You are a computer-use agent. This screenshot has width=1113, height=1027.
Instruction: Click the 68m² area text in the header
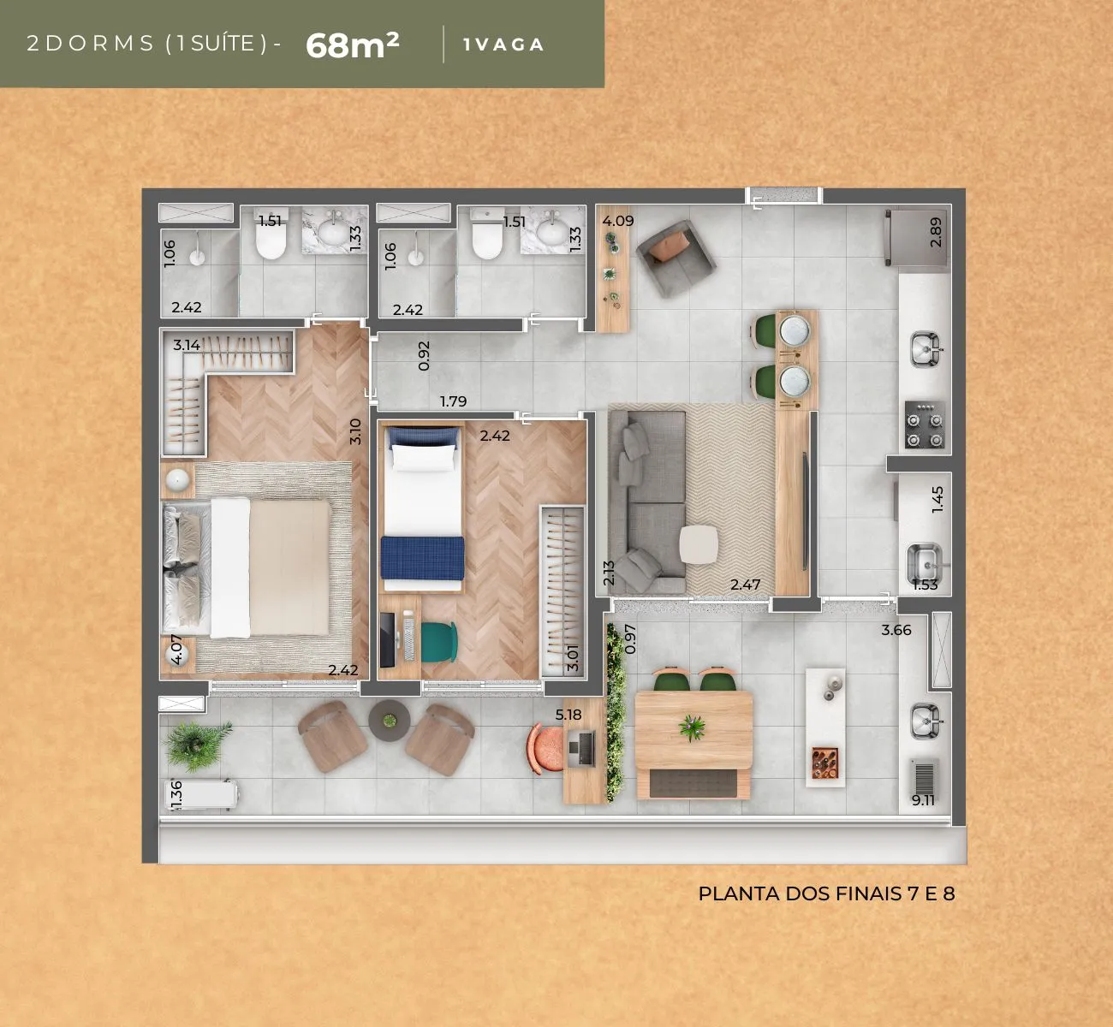pos(352,45)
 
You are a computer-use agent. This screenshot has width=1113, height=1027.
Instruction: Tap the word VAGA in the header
pos(509,45)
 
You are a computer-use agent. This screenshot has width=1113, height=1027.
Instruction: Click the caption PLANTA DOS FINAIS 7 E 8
pos(826,893)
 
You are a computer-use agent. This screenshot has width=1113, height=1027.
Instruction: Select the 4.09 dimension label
pos(618,221)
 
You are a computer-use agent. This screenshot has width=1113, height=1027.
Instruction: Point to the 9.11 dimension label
pos(923,800)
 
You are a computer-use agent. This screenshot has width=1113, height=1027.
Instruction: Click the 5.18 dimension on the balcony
pos(568,715)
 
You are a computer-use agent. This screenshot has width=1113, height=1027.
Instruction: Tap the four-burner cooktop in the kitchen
pos(925,424)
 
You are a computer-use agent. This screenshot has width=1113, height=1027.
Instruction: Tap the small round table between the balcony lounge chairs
pos(390,721)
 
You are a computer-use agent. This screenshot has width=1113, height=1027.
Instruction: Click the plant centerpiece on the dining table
pos(693,727)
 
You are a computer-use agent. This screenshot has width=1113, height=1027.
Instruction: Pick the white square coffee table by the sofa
pos(699,544)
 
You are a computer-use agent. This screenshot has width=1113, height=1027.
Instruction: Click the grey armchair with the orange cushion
pos(676,258)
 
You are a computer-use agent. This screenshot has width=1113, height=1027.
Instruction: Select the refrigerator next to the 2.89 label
pos(915,238)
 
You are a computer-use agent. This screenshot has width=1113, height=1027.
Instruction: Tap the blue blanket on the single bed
pos(423,557)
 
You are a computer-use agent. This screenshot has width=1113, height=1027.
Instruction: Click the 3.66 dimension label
pos(896,630)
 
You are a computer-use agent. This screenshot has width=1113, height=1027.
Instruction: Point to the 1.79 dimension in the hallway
pos(453,401)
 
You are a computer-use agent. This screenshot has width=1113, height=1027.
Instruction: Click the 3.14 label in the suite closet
pos(187,345)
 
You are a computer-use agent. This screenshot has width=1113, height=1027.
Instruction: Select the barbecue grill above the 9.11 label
pos(925,776)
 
